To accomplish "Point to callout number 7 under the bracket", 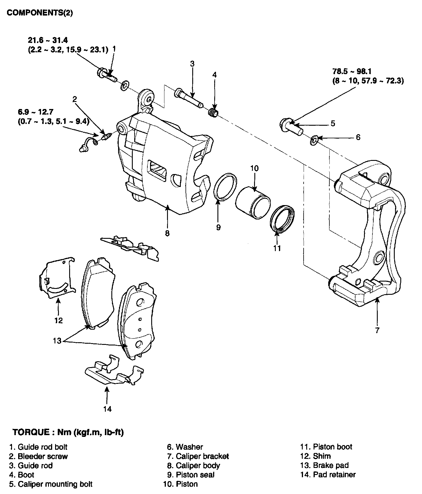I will tap(377, 330).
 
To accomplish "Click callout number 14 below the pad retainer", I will tap(108, 409).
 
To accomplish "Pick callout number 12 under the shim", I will tap(59, 320).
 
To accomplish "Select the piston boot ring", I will tap(282, 219).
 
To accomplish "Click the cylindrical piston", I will tap(253, 202).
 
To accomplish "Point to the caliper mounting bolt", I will tap(290, 126).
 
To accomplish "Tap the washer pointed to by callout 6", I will tap(314, 140).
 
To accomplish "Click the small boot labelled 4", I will tap(214, 113).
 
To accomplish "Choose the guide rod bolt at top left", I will tap(106, 75).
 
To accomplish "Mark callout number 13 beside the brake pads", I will tap(57, 340).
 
